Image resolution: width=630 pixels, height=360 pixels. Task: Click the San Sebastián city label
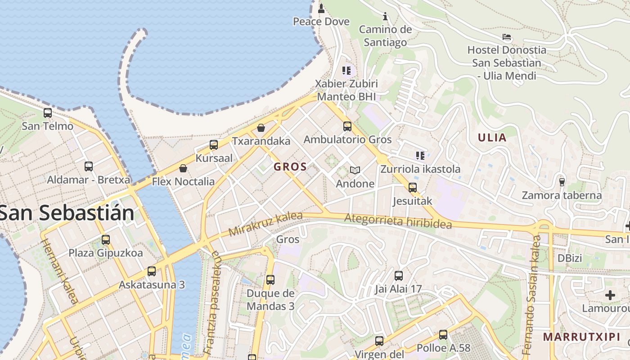click(67, 212)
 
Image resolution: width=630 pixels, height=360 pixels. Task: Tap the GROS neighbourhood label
click(290, 166)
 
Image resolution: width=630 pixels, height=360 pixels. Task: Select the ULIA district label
click(492, 138)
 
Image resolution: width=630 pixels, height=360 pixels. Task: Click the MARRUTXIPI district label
click(581, 337)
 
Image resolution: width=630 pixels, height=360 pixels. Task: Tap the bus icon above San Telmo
click(48, 113)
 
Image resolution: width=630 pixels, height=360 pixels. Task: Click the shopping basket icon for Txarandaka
click(261, 128)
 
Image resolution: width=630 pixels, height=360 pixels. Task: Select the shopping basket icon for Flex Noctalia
click(183, 169)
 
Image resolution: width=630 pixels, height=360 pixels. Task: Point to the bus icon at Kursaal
click(214, 145)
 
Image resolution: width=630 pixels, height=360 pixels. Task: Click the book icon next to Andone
click(355, 170)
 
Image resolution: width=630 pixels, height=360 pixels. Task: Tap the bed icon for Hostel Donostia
click(507, 37)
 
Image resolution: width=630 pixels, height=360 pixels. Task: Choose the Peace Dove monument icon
click(321, 8)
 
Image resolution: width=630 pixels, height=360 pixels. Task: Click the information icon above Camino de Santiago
click(385, 17)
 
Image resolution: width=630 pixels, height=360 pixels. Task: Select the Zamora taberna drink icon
click(562, 182)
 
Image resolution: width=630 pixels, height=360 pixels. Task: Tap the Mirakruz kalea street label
click(265, 224)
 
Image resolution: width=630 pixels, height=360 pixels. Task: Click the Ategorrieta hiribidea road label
click(398, 221)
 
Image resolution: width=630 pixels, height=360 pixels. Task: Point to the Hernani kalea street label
click(59, 271)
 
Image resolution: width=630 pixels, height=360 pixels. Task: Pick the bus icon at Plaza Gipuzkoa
click(106, 239)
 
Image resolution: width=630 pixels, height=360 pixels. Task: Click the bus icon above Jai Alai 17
click(399, 275)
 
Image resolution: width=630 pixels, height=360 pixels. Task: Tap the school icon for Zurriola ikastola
click(420, 156)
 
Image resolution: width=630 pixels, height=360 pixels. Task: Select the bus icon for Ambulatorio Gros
click(347, 126)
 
